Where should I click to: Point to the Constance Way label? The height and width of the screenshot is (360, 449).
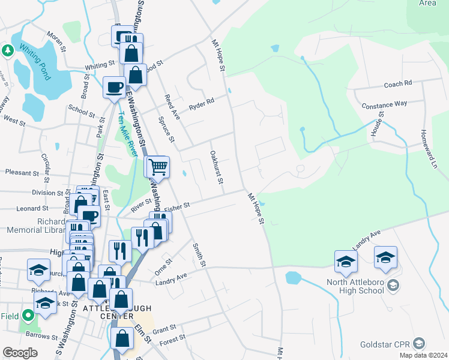click(384, 104)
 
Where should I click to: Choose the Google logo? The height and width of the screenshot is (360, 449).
click(20, 353)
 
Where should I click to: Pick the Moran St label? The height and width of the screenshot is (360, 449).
click(55, 41)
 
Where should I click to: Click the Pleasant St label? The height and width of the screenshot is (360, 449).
click(22, 173)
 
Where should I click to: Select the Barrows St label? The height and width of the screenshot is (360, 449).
click(41, 337)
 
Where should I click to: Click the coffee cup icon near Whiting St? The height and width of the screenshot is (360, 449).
click(113, 87)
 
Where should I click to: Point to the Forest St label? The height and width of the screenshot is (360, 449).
click(173, 339)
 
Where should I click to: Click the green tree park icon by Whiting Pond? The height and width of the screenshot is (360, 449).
click(8, 50)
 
